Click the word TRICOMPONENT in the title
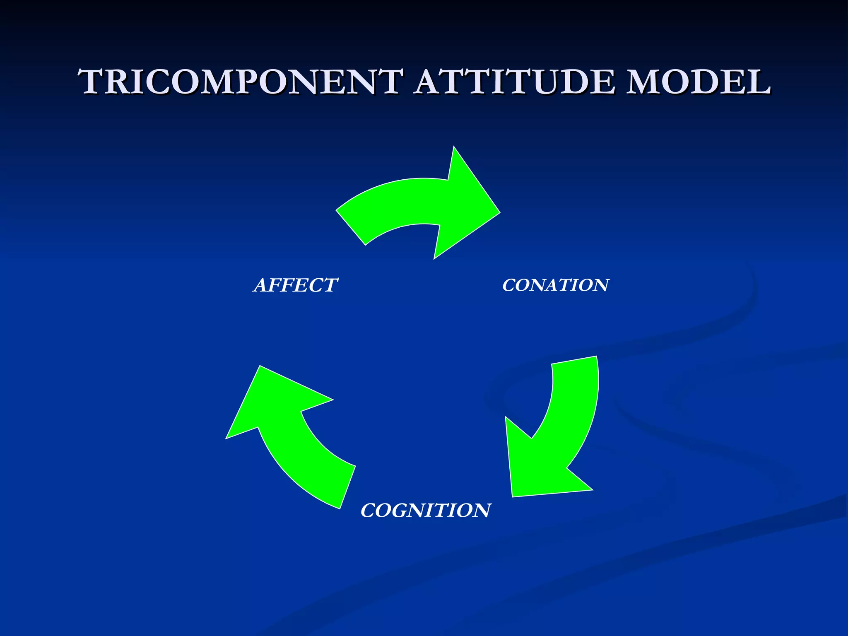tap(240, 82)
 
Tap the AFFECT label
tap(296, 285)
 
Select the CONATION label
tap(555, 285)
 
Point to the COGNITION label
tap(426, 510)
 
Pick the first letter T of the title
tap(94, 82)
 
